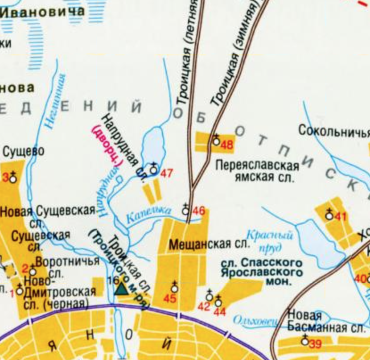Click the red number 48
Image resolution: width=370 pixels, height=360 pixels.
(227, 145)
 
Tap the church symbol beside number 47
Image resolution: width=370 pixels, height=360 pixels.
(153, 170)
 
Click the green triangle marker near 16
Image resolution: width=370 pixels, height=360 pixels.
(121, 289)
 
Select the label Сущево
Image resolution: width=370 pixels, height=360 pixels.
(24, 152)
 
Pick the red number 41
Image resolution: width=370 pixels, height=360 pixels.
(341, 217)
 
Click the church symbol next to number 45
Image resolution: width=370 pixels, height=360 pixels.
(174, 288)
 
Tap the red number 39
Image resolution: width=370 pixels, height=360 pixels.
(315, 344)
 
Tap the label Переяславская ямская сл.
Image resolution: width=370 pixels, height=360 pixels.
(257, 171)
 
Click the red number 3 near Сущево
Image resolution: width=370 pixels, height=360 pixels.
(6, 178)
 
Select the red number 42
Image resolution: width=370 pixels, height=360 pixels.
(203, 306)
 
